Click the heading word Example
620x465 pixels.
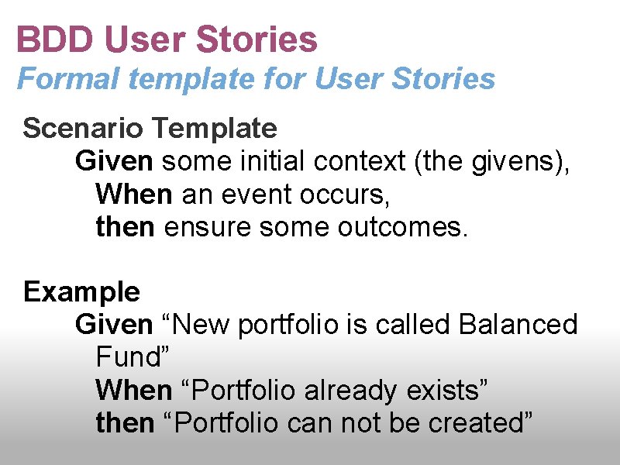click(x=81, y=292)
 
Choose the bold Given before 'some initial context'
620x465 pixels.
click(x=114, y=161)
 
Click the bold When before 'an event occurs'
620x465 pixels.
click(x=134, y=195)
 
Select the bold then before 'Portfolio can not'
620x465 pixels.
click(x=125, y=423)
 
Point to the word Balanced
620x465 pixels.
click(x=518, y=324)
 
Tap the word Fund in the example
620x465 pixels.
click(x=128, y=357)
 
